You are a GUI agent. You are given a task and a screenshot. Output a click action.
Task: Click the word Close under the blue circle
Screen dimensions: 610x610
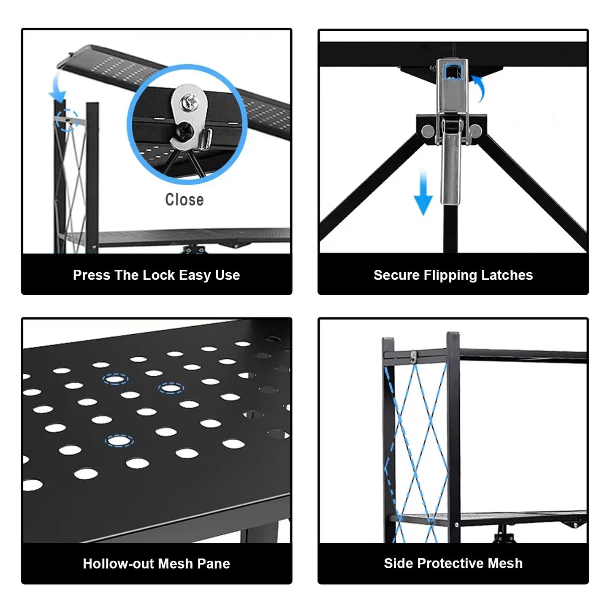pos(184,199)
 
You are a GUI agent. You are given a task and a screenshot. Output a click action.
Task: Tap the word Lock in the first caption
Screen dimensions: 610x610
pos(159,275)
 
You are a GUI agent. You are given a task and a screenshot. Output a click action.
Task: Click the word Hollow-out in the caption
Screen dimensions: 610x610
pos(111,564)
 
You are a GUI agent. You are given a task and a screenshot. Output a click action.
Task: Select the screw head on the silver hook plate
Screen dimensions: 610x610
pos(186,101)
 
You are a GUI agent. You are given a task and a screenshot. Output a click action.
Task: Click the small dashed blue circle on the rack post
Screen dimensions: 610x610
pos(67,120)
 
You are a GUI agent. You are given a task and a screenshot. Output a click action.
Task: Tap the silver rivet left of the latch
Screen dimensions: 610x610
pos(427,131)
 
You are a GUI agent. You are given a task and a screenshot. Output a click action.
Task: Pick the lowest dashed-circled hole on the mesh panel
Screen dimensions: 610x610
pos(119,441)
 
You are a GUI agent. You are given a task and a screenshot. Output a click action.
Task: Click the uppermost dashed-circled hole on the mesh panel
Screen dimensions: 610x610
pos(115,379)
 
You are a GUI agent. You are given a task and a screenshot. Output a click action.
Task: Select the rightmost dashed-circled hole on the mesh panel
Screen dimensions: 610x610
pos(171,388)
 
